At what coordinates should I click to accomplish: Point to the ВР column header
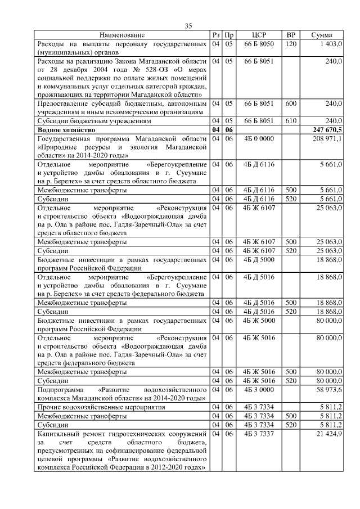coord(291,35)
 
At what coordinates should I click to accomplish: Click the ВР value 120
coord(291,43)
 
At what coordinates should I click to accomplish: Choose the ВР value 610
coord(291,121)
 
